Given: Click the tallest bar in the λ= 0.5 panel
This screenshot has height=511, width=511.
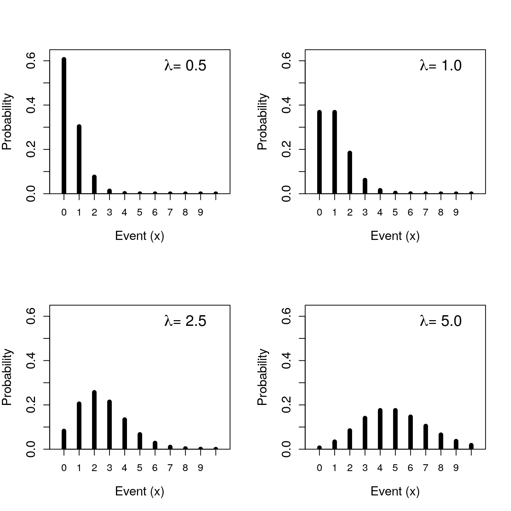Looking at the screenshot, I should (64, 125).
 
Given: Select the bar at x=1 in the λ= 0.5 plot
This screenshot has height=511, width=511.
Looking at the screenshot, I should (79, 159).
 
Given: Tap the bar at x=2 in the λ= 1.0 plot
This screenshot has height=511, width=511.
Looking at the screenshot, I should (350, 173).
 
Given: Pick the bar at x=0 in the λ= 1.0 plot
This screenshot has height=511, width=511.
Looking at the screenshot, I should (319, 152).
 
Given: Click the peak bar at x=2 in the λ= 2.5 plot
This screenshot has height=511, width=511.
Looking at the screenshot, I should (94, 420).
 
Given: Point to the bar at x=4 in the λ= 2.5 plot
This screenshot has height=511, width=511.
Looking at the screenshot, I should (125, 434).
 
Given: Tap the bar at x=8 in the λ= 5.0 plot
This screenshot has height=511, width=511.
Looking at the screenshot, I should (441, 441).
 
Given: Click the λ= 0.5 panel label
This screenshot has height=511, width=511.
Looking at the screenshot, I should (186, 66).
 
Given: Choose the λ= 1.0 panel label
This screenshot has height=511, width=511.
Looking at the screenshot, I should (441, 66).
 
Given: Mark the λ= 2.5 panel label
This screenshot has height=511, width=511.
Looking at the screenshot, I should (186, 321).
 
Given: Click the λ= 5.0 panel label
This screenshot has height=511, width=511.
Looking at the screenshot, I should (441, 321).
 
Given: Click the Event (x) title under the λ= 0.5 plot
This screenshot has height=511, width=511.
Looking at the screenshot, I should (140, 236).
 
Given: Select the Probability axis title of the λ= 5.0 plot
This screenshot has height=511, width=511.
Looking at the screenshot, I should (263, 377).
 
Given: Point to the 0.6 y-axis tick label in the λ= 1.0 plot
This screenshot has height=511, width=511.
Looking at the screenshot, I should (287, 61).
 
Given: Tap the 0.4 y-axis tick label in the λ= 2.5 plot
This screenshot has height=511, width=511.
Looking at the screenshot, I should (31, 360).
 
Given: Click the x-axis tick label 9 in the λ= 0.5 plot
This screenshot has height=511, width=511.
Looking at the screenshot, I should (200, 213).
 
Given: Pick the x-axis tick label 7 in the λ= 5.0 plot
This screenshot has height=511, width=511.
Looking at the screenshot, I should (425, 468).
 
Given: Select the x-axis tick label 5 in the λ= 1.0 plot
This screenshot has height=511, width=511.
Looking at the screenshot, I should (395, 213).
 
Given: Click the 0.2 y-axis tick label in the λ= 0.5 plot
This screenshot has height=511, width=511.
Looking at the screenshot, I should (31, 149).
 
